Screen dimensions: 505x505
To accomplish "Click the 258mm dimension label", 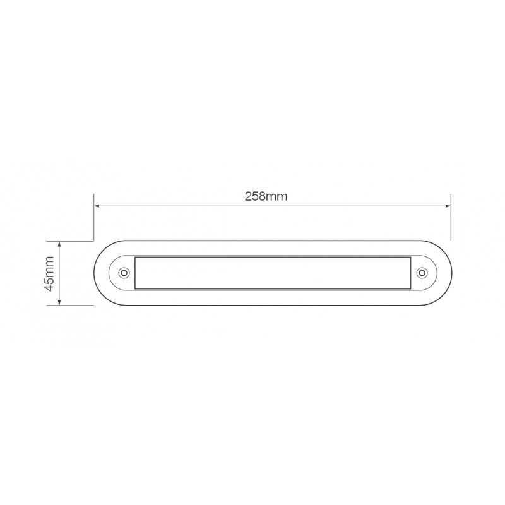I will [x=266, y=196].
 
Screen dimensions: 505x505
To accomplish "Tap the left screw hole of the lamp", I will [x=124, y=273].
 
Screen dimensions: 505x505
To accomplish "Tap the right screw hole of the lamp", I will [x=422, y=273].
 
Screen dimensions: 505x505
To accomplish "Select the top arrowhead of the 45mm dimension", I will [x=59, y=244].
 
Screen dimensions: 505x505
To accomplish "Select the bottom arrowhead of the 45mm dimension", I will [x=59, y=302].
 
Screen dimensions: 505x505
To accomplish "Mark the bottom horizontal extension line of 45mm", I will [x=76, y=305].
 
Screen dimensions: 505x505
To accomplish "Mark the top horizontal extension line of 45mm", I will [x=76, y=241].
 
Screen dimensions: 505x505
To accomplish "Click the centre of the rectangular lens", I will [x=273, y=273].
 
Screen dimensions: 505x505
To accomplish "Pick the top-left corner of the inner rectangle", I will [x=135, y=257].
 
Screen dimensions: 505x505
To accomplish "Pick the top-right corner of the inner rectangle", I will [x=410, y=257].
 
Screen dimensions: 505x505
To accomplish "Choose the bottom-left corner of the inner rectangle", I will [x=135, y=289].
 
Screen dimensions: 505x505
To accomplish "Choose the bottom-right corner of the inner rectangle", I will [x=410, y=289].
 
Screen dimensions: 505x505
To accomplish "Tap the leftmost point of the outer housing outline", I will [x=94, y=273].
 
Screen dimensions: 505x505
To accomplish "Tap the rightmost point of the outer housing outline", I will [x=451, y=273].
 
